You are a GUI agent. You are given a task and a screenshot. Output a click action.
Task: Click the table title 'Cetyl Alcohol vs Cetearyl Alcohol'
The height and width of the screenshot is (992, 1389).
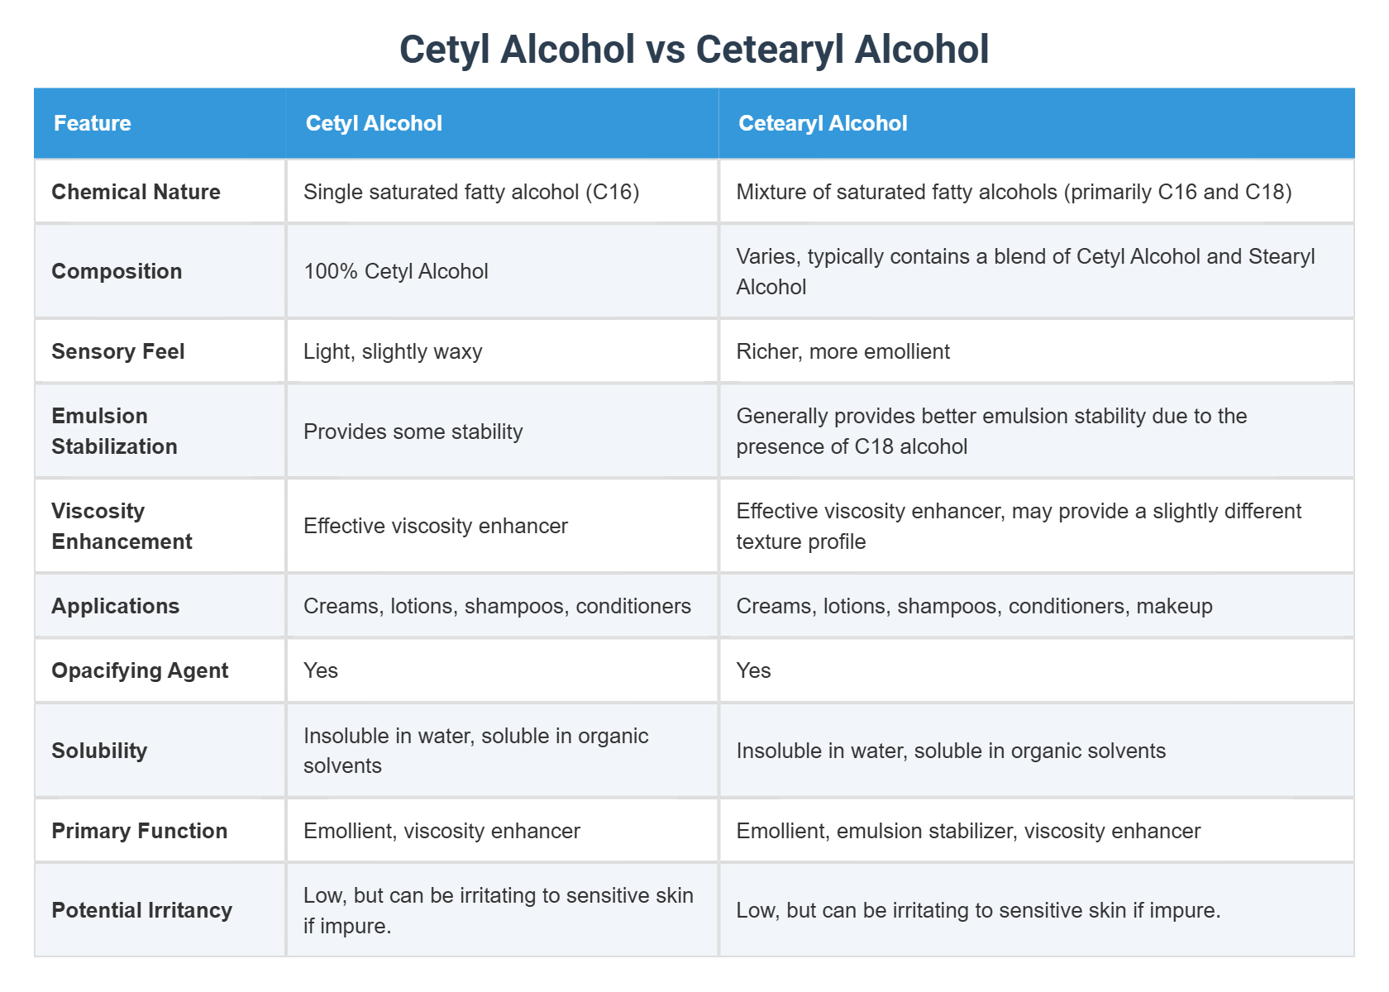(x=694, y=50)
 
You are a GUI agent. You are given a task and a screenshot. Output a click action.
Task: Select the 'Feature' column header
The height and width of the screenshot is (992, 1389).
(x=93, y=123)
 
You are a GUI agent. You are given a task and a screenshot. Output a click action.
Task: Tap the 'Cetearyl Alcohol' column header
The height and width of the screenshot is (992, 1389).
(x=823, y=123)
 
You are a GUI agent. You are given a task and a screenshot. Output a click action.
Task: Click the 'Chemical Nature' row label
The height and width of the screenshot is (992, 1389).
(x=136, y=192)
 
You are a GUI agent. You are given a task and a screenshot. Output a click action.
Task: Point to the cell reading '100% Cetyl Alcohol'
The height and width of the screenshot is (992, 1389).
(x=395, y=271)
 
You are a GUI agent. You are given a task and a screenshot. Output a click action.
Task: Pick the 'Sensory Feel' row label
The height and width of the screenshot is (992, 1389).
(x=117, y=351)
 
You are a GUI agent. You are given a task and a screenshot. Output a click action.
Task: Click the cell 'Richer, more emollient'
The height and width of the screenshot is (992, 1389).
(x=842, y=351)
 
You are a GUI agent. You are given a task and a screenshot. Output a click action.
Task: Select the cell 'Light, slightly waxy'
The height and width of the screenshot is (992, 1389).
(x=393, y=351)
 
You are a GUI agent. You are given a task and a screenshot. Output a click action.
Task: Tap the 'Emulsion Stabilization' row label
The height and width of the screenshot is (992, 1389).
(x=114, y=431)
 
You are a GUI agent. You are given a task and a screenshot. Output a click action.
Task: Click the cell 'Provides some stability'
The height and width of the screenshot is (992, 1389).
(x=413, y=432)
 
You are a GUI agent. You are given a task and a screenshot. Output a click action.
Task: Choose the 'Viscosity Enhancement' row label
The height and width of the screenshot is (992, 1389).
(x=122, y=526)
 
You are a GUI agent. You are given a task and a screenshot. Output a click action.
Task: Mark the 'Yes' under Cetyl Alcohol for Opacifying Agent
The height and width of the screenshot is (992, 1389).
(x=321, y=670)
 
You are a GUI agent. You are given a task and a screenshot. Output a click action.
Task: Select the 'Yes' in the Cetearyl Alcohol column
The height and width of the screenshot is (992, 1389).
(x=753, y=670)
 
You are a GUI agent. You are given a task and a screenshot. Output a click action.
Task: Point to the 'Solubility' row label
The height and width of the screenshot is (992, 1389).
(x=99, y=751)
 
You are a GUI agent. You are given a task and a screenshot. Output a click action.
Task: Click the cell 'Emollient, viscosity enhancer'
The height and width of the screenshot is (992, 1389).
(x=442, y=831)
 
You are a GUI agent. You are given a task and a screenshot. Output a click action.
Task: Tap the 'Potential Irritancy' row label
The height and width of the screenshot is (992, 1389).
(x=141, y=910)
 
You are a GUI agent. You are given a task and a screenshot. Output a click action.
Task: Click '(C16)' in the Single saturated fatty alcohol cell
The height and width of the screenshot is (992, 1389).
(x=612, y=192)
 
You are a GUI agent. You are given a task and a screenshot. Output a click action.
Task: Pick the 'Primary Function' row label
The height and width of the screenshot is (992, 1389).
(x=139, y=831)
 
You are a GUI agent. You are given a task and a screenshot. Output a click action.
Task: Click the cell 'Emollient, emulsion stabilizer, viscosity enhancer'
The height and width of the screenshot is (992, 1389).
(x=967, y=831)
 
